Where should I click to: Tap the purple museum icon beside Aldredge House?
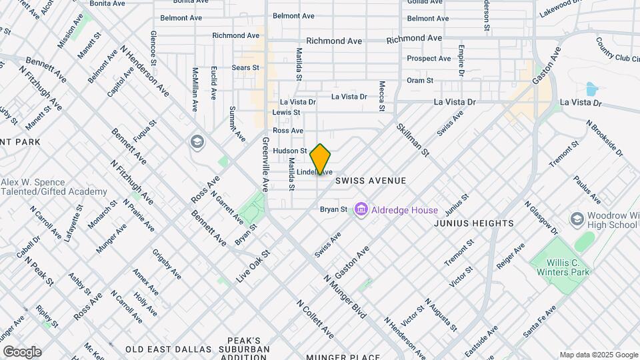click(x=361, y=210)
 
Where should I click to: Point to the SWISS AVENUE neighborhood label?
click(x=371, y=181)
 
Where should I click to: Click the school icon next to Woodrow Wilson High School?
click(x=577, y=219)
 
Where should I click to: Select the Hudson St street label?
click(x=289, y=151)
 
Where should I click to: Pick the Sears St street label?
click(x=245, y=67)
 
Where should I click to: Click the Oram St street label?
click(x=420, y=80)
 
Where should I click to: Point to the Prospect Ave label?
click(x=429, y=59)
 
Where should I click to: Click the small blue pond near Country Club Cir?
click(x=591, y=89)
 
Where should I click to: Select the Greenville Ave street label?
click(x=265, y=163)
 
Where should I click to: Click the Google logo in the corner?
click(x=22, y=351)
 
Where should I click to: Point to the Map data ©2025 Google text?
click(x=599, y=355)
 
